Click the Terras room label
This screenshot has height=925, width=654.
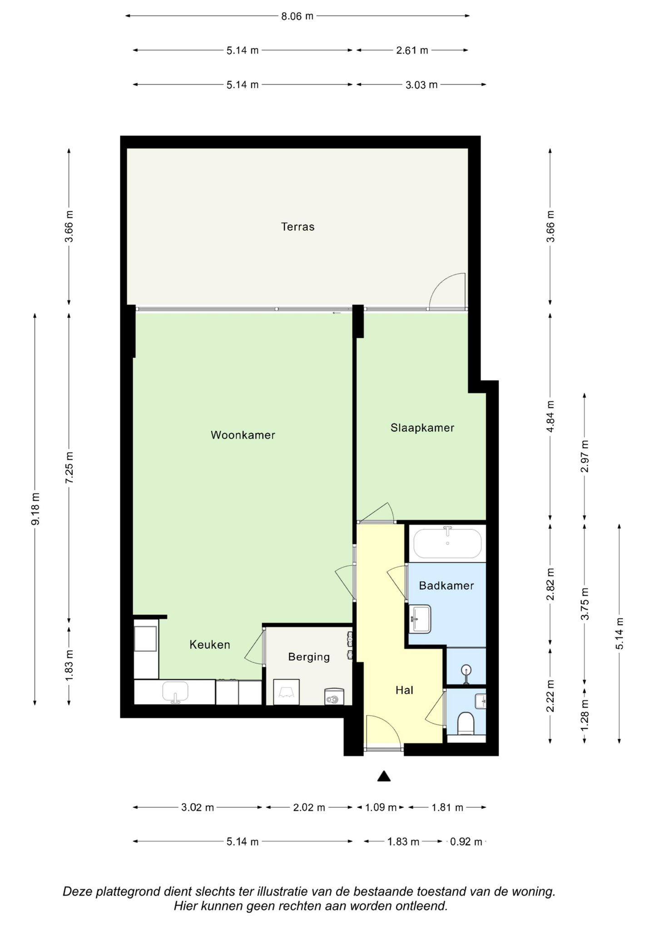point(297,227)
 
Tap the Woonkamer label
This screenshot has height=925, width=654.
point(243,435)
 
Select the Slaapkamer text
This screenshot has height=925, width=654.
point(422,428)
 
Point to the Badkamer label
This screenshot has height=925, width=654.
point(446,586)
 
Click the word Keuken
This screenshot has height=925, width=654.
point(210,645)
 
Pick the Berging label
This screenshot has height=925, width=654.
point(309,657)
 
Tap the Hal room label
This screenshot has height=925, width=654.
point(404,690)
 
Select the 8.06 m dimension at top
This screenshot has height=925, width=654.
point(297,16)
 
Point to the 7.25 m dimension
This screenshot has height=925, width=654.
point(69,468)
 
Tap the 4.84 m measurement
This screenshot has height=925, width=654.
point(550,417)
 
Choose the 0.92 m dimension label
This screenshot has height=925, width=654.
point(466,842)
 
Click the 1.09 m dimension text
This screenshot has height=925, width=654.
point(381,807)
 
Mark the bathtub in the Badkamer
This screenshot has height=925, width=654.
point(447,543)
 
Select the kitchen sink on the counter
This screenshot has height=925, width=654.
point(175,691)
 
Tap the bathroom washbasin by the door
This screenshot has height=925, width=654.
point(420,619)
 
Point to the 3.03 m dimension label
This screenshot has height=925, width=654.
point(421,85)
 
